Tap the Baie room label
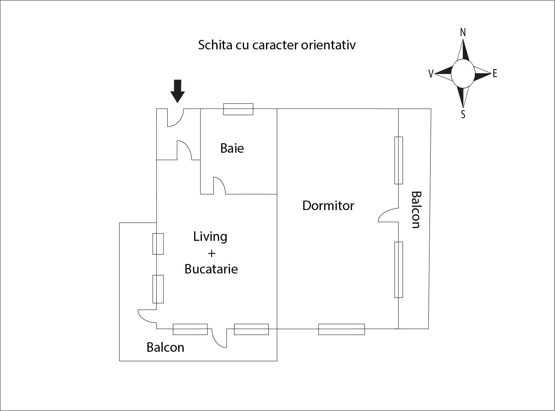[x=232, y=148]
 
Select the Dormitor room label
[x=328, y=205]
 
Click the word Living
[x=210, y=237]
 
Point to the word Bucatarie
[x=211, y=269]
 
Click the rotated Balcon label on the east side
[x=416, y=210]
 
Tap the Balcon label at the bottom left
[x=165, y=347]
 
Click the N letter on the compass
[x=463, y=33]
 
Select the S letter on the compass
[x=463, y=114]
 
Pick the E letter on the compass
[x=495, y=74]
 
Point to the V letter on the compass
[x=431, y=74]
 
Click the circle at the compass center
[x=463, y=74]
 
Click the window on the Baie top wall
[x=238, y=109]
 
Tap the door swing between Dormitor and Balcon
[x=388, y=216]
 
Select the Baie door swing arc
[x=219, y=185]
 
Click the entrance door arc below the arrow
[x=175, y=118]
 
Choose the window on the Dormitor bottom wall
[x=341, y=329]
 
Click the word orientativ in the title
[x=328, y=45]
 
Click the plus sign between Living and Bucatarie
[x=212, y=253]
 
